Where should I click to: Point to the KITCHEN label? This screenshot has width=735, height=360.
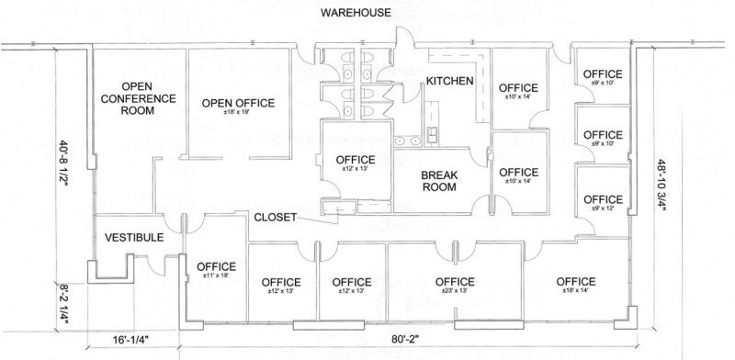tap(449, 82)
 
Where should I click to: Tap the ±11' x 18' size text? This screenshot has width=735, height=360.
tap(219, 278)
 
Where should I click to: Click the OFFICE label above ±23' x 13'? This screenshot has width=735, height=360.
tap(454, 281)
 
